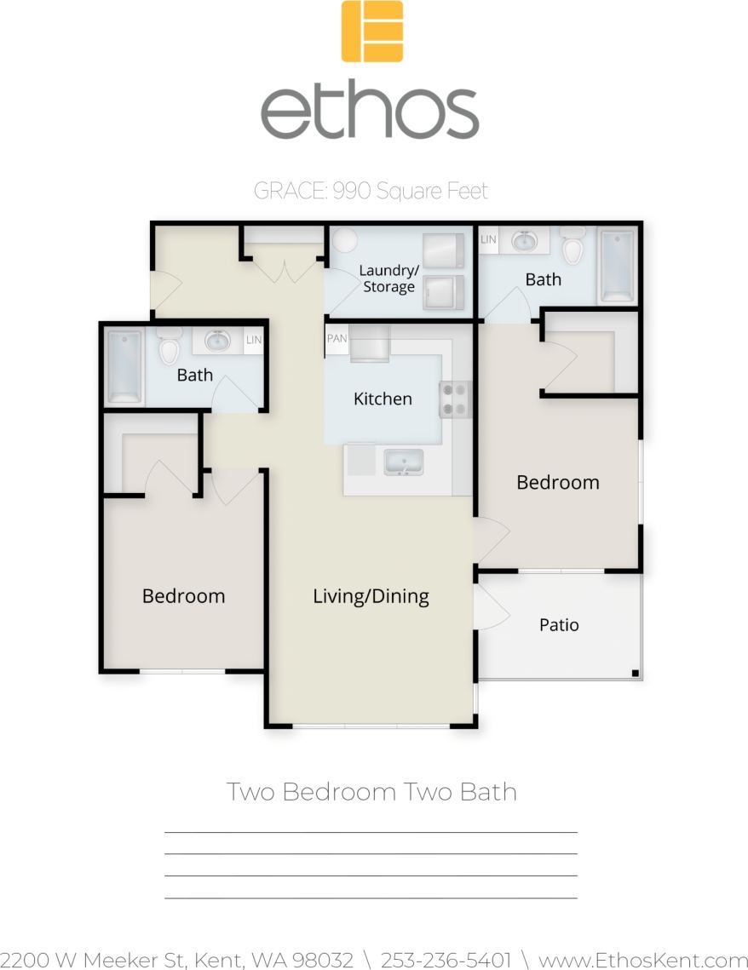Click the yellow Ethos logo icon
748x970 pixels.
click(372, 32)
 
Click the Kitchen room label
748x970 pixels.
click(383, 399)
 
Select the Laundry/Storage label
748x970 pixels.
click(388, 278)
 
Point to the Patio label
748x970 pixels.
click(559, 625)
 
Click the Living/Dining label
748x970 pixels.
click(371, 596)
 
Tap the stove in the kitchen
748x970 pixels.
click(455, 399)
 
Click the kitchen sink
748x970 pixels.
click(404, 462)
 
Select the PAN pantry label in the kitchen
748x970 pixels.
click(337, 338)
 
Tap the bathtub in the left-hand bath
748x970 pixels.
click(124, 366)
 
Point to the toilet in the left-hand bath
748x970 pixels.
click(170, 347)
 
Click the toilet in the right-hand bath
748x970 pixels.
click(573, 246)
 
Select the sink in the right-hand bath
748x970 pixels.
click(525, 242)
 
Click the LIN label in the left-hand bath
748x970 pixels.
click(254, 340)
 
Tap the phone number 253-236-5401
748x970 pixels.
click(446, 960)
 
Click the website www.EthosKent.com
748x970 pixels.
click(643, 960)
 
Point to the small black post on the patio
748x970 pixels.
click(635, 674)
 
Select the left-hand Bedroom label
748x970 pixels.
click(183, 596)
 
